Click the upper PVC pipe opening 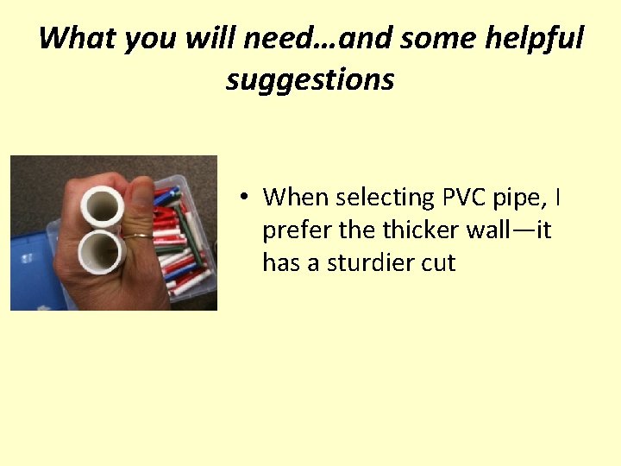[103, 206]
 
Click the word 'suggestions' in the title [310, 80]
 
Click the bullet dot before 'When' [246, 198]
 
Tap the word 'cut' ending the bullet [436, 263]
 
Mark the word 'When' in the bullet [296, 198]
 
